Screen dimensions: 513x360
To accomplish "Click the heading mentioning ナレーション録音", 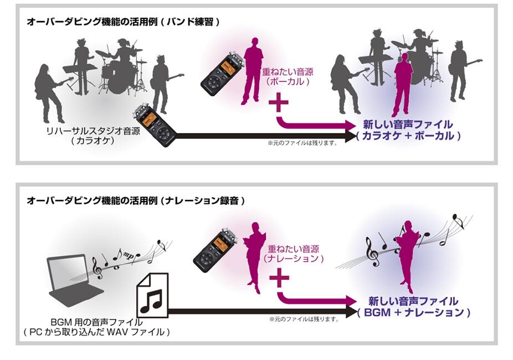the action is tap(135, 200).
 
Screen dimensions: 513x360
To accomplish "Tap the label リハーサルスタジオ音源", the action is tap(93, 131).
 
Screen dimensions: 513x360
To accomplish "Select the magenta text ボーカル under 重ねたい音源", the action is tap(288, 81).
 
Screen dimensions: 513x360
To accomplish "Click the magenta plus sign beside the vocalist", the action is tap(279, 102).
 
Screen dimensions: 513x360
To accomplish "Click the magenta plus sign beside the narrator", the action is tap(279, 278).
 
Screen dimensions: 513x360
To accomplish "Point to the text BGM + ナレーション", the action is tap(414, 312).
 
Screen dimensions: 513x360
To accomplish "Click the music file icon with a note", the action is tap(152, 295).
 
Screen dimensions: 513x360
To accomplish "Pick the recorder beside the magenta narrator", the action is tap(216, 251).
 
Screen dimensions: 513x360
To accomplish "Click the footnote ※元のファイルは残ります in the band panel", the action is tap(302, 143).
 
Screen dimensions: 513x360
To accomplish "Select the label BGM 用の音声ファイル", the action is tap(96, 322).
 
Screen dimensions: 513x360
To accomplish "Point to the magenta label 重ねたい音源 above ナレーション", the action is tap(294, 249).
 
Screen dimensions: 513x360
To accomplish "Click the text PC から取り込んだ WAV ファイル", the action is tap(97, 332).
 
